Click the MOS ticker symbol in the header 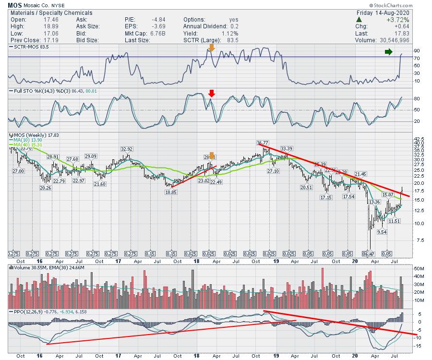(x=14, y=5)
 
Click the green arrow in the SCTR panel (x=389, y=51)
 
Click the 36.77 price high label (x=263, y=143)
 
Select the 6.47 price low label (x=368, y=253)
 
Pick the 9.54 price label (x=382, y=232)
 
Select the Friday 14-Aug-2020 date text (x=399, y=12)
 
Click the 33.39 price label (x=287, y=148)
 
